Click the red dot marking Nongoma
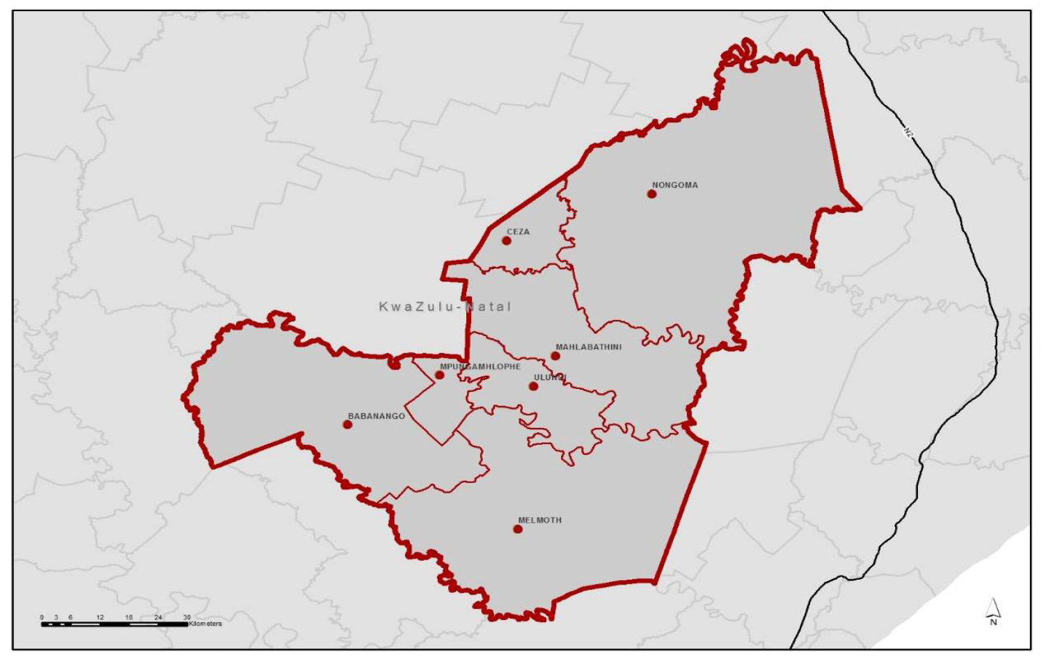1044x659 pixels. tap(651, 194)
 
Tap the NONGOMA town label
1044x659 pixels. tap(674, 185)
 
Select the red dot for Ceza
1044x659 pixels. tap(507, 241)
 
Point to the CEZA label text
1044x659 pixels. tap(518, 232)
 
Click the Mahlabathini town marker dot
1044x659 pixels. tap(555, 356)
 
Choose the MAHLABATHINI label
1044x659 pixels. tap(588, 347)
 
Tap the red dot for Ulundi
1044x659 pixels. tap(533, 386)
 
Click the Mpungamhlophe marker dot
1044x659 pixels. tap(439, 376)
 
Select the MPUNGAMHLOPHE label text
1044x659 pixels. tap(480, 367)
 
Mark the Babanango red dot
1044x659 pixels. tap(347, 424)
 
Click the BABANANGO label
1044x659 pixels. tap(376, 416)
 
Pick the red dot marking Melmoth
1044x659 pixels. tap(518, 530)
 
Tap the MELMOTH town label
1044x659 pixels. tap(539, 520)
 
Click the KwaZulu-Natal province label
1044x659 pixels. tap(445, 306)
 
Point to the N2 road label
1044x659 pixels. tap(908, 131)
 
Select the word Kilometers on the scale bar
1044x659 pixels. tap(205, 624)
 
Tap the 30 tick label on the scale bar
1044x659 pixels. tap(187, 617)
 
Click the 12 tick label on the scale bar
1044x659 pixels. tap(100, 617)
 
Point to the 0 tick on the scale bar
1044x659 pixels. tap(42, 617)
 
